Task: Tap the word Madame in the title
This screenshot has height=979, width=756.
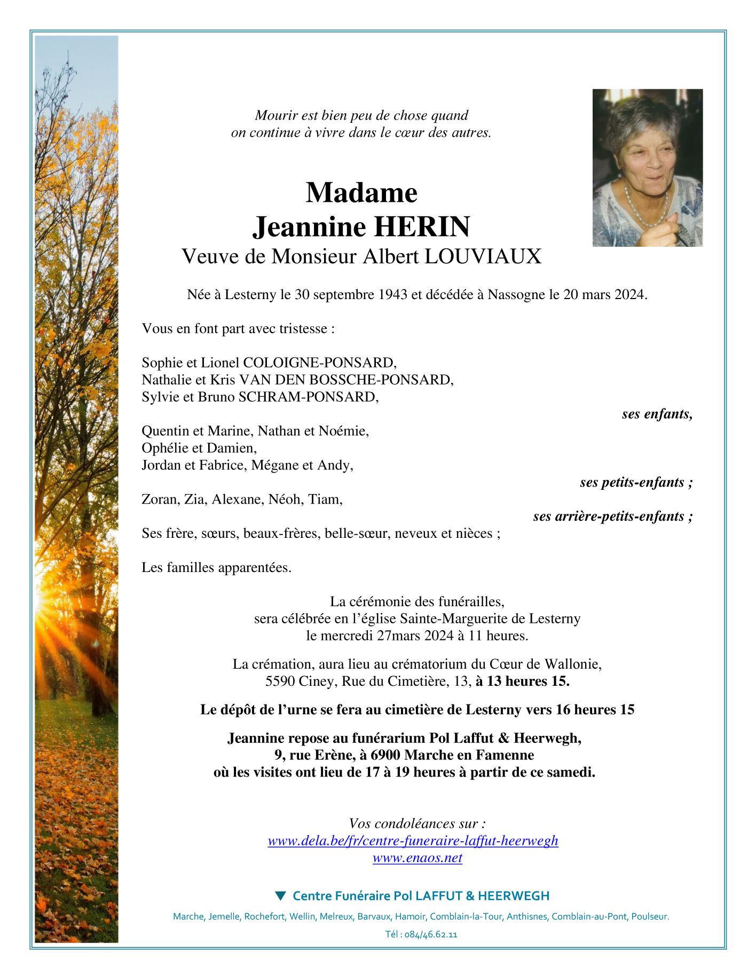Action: click(361, 192)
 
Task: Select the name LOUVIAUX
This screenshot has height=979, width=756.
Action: click(483, 257)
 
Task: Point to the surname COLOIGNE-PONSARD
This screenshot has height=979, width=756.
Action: click(319, 363)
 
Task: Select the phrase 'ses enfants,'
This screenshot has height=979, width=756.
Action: click(657, 414)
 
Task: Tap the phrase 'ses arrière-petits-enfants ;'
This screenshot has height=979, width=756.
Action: click(613, 516)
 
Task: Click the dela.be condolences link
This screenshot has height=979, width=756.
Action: click(413, 841)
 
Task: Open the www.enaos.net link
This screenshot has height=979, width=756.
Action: click(417, 858)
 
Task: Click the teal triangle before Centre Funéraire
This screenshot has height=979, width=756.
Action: click(280, 896)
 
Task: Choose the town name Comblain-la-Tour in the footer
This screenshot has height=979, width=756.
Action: click(466, 917)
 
